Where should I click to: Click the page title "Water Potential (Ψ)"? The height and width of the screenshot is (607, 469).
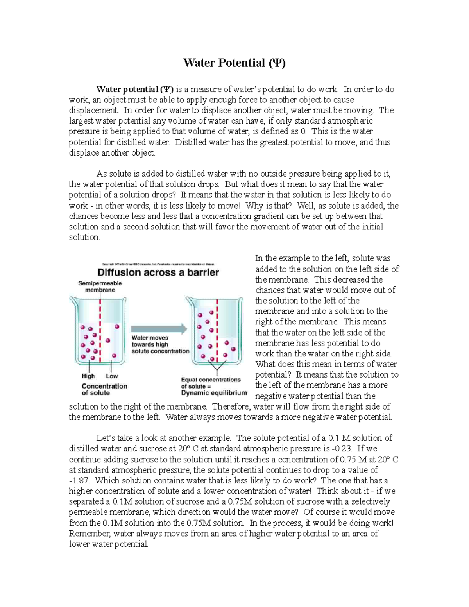point(234,63)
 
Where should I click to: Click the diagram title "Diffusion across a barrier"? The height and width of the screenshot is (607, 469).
point(158,272)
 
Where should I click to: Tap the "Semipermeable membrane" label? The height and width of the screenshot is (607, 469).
point(100,286)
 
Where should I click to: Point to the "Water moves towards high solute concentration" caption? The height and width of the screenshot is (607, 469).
point(160,344)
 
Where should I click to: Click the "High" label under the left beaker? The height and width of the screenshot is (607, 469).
point(88,376)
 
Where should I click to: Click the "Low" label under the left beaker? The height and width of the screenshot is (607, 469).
point(112,376)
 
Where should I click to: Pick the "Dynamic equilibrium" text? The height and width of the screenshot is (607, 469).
point(214,393)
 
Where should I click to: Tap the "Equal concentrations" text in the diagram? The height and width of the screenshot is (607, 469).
point(211,380)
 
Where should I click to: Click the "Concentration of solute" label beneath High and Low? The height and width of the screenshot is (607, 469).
point(104,389)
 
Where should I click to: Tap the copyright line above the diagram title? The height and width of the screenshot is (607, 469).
point(158,263)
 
